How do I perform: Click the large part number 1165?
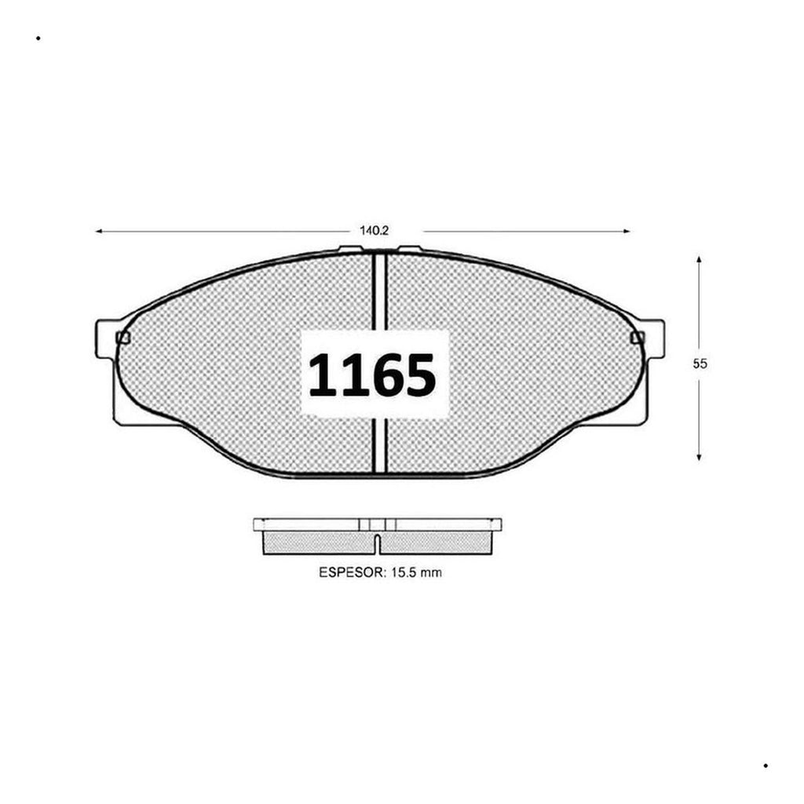(x=372, y=375)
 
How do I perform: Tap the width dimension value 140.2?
(x=374, y=231)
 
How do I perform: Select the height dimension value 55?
(x=700, y=364)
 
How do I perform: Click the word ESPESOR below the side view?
(x=352, y=572)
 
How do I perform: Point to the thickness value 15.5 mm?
(x=416, y=572)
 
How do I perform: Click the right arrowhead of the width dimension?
(x=626, y=232)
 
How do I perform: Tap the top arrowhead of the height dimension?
(x=699, y=259)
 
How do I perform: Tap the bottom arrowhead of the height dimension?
(x=699, y=456)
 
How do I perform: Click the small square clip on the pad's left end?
(x=123, y=338)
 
